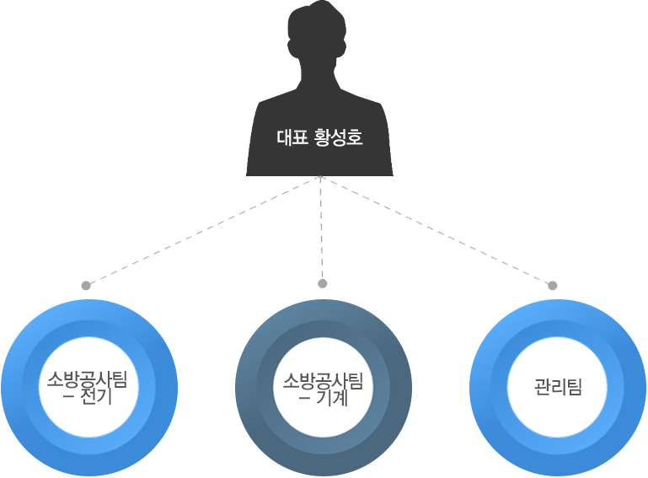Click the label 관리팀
[x=558, y=387]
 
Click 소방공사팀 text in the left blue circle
[x=88, y=379]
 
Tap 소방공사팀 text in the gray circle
[x=323, y=379]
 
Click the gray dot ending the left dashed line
[x=86, y=286]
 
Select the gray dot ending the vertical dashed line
[x=322, y=283]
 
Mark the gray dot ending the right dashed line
[x=553, y=286]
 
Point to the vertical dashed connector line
[x=322, y=228]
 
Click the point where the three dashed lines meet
[x=321, y=177]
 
